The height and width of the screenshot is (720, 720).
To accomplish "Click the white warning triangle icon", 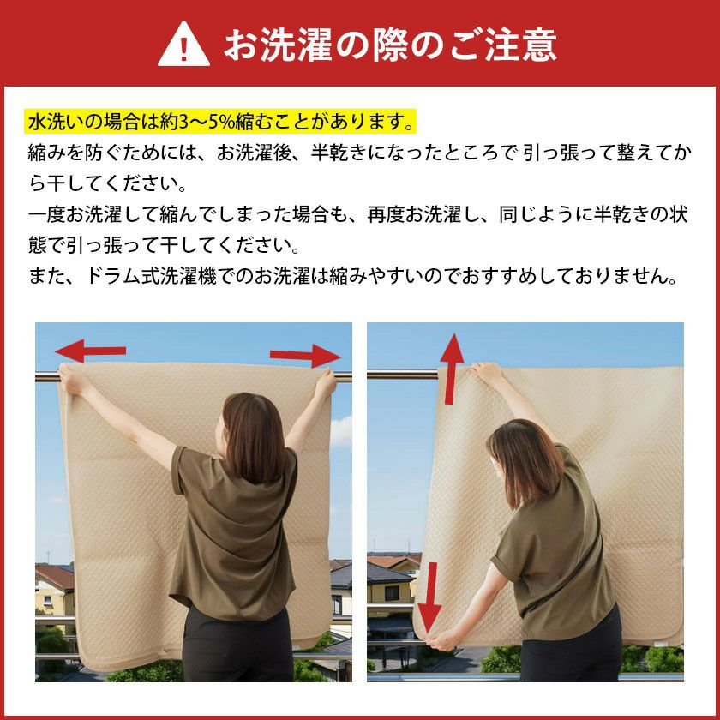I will pos(183,44).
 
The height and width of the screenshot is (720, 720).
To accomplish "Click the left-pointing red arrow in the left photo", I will pos(90,350).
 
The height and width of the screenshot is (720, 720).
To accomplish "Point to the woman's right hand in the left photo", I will pos(326,382).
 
